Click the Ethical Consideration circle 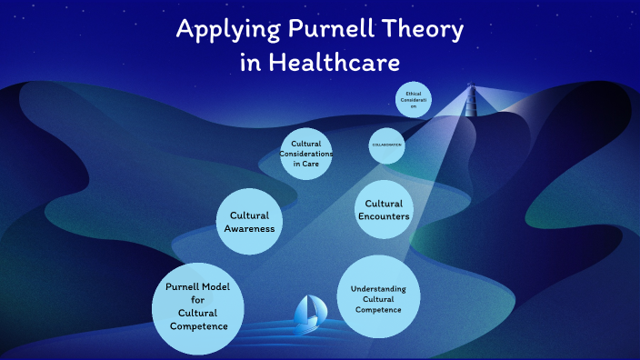pos(413,99)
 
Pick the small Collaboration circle pos(386,145)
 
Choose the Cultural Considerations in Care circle pos(306,154)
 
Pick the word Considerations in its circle pos(306,154)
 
